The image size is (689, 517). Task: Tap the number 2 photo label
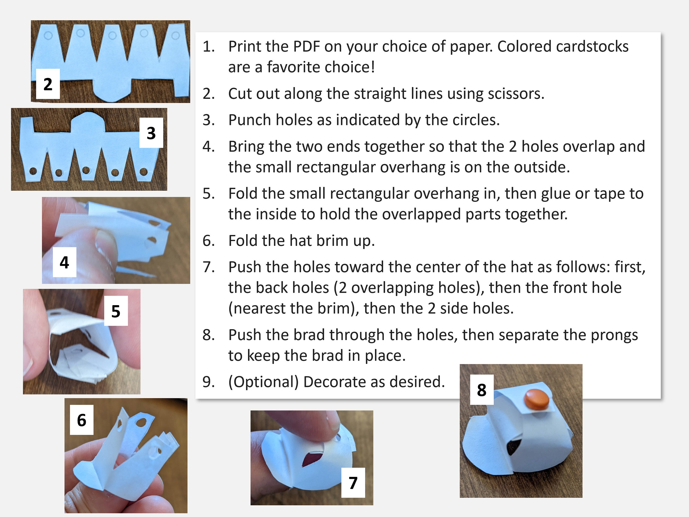tap(48, 84)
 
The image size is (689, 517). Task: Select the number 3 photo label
tap(151, 133)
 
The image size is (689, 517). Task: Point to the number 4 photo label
tap(65, 262)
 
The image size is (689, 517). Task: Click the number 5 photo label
tap(116, 311)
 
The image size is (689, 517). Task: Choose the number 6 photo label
tap(82, 420)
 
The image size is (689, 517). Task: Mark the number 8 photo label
tap(482, 389)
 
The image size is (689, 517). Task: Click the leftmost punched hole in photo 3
tap(33, 171)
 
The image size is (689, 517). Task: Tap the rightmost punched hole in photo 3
tap(143, 171)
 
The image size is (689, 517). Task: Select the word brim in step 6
tap(336, 241)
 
